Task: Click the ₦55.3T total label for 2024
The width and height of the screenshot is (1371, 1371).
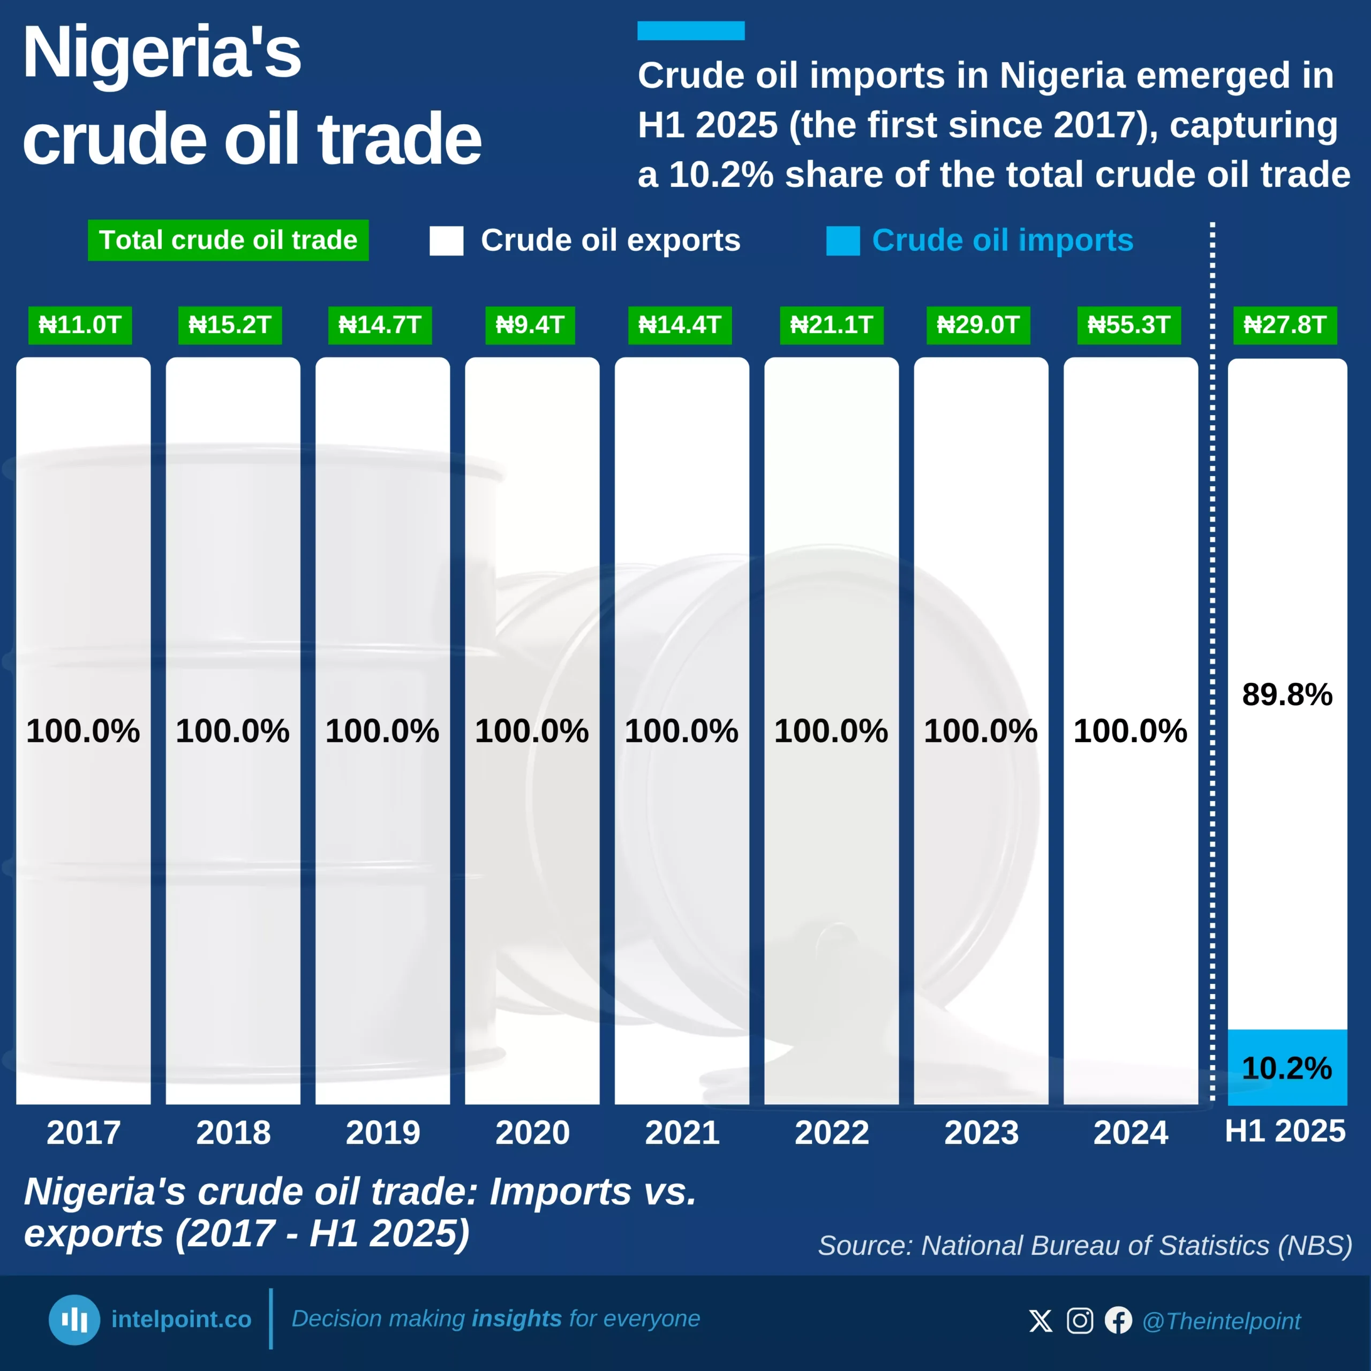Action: coord(1128,325)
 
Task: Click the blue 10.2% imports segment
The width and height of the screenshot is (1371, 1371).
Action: coord(1287,1067)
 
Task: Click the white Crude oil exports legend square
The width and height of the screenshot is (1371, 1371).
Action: coord(446,240)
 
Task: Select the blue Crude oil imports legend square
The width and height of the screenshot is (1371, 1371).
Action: coord(843,240)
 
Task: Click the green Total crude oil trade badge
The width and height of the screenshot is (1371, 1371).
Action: coord(228,240)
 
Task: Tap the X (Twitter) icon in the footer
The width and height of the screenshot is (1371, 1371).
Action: coord(1041,1321)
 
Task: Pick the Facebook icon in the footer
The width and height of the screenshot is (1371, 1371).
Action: coord(1118,1321)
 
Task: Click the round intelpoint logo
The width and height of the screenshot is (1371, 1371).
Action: coord(74,1320)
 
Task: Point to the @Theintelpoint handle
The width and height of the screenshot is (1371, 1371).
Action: coord(1221,1321)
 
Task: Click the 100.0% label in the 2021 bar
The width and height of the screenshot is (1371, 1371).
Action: coord(681,731)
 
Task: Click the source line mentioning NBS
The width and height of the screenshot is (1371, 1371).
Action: coord(1085,1245)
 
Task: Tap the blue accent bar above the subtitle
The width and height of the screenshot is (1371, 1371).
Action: coord(690,31)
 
